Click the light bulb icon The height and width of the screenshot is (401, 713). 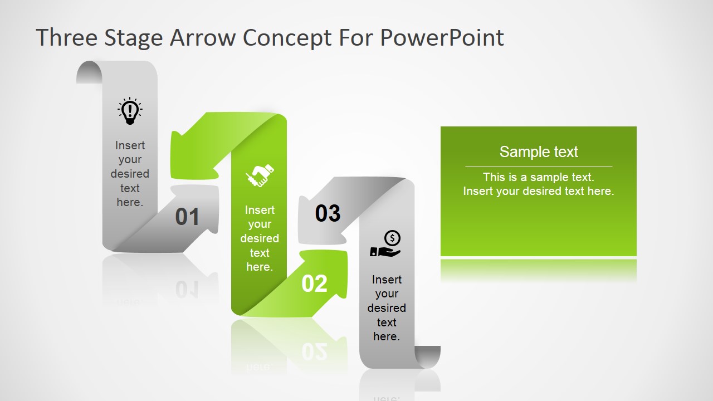[130, 111]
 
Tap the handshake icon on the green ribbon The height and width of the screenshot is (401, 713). [260, 175]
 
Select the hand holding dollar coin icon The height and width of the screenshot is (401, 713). [385, 243]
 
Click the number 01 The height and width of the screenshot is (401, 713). [187, 217]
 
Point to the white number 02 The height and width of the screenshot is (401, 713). [314, 283]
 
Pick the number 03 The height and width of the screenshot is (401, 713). [328, 213]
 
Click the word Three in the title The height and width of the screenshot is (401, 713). [67, 37]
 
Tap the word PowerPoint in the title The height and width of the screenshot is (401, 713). [442, 37]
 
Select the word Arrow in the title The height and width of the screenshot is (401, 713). [202, 37]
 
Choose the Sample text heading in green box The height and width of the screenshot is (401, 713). [539, 152]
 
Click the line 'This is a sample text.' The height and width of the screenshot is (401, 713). [539, 177]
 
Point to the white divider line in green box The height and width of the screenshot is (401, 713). [539, 167]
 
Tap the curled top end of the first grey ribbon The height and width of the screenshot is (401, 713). [90, 72]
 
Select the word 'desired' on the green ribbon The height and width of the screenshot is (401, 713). [260, 238]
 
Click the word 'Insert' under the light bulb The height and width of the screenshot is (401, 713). [130, 145]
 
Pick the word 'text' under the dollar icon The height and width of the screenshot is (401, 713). [387, 322]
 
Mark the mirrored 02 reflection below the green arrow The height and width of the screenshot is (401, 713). [314, 352]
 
